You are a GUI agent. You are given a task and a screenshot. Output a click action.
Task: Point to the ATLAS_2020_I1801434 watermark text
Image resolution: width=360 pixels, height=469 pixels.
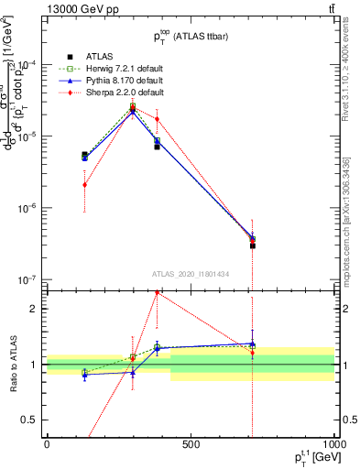pos(190,274)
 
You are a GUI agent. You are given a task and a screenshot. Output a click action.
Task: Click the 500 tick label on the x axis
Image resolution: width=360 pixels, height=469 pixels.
pos(191,445)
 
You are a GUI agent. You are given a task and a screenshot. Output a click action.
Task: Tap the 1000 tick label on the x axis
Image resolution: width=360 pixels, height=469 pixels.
pos(332,445)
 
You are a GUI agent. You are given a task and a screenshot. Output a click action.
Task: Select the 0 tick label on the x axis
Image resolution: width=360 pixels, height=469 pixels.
pos(47,445)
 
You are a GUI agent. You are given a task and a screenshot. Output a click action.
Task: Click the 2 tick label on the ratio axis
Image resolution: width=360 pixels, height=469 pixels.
pos(33,309)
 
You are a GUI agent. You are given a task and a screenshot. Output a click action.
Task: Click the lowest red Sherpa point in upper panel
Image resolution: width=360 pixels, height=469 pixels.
pos(84,184)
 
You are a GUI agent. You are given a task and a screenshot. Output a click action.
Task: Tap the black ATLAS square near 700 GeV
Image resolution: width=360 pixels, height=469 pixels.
pos(252,245)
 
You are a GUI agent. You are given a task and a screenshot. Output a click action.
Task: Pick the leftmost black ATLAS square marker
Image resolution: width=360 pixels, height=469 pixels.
pos(84,155)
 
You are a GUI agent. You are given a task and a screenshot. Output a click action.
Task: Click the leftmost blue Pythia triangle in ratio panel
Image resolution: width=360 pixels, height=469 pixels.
pos(84,375)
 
